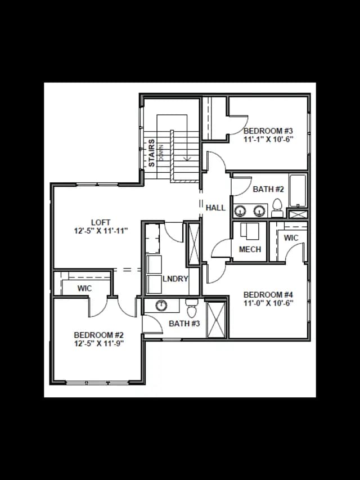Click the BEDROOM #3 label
268,131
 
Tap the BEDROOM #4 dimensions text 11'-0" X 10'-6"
268,303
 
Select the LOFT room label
101,222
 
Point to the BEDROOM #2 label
98,335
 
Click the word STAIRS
151,153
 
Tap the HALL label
215,208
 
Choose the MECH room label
250,249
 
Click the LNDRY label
175,279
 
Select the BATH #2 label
268,189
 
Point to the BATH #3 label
184,324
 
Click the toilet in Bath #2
277,208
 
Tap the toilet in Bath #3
192,308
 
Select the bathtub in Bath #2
298,190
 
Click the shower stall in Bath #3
216,320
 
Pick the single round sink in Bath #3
161,305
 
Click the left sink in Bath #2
240,210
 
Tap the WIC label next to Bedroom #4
291,238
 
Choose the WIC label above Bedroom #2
84,288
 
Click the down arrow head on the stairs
187,158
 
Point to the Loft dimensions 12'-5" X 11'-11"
101,231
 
